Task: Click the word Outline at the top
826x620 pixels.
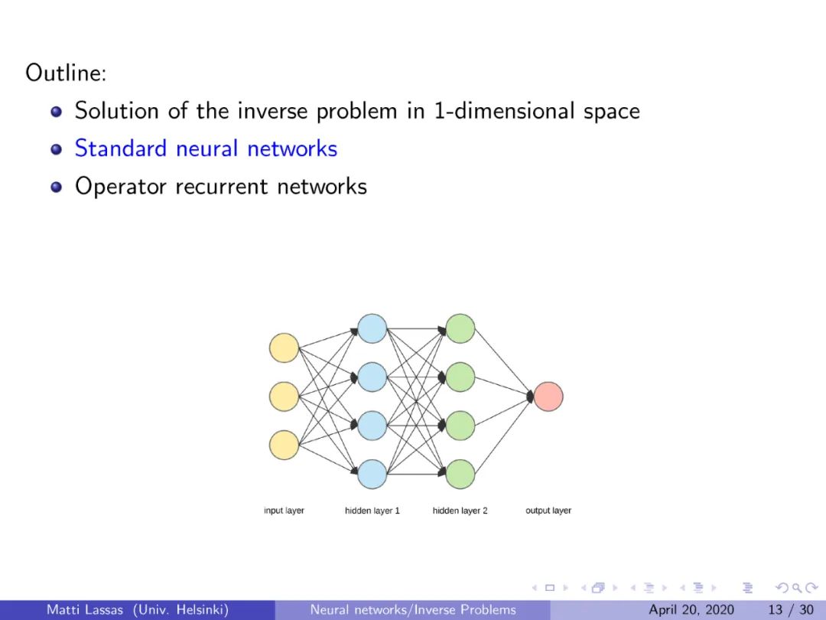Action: coord(64,73)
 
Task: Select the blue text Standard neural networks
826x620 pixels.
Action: coord(206,148)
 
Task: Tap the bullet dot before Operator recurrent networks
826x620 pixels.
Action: coord(56,187)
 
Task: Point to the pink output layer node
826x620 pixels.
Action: coord(548,396)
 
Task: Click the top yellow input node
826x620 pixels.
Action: coord(284,348)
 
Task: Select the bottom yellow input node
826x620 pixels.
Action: coord(284,445)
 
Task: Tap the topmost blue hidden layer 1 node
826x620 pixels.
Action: coord(372,328)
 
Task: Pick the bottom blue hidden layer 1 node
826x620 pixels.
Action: coord(372,474)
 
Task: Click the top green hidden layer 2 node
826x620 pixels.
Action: coord(460,328)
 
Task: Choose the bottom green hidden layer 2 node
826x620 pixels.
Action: coord(460,474)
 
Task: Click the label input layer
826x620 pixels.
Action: coord(284,511)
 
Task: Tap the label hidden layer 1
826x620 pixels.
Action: coord(372,511)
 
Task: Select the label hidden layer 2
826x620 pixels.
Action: coord(460,511)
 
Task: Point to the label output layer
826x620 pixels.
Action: coord(548,511)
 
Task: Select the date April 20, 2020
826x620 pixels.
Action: coord(691,610)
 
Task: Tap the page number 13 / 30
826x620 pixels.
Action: coord(791,610)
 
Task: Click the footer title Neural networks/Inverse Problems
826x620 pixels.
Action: coord(413,610)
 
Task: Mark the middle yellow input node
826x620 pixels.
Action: coord(284,396)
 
